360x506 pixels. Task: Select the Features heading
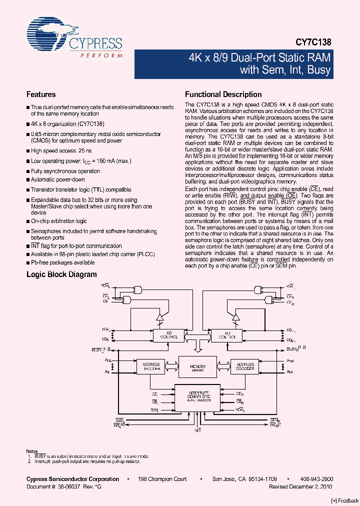[41, 94]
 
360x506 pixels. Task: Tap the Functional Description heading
[223, 94]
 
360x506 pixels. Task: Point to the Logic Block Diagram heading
[61, 274]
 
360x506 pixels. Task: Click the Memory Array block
[198, 367]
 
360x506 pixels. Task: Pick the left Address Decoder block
[150, 367]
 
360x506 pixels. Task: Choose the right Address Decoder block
[245, 367]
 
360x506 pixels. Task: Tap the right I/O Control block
[227, 335]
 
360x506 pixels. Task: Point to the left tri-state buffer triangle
[160, 317]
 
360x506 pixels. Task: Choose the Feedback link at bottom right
[345, 501]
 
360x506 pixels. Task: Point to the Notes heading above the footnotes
[32, 451]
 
